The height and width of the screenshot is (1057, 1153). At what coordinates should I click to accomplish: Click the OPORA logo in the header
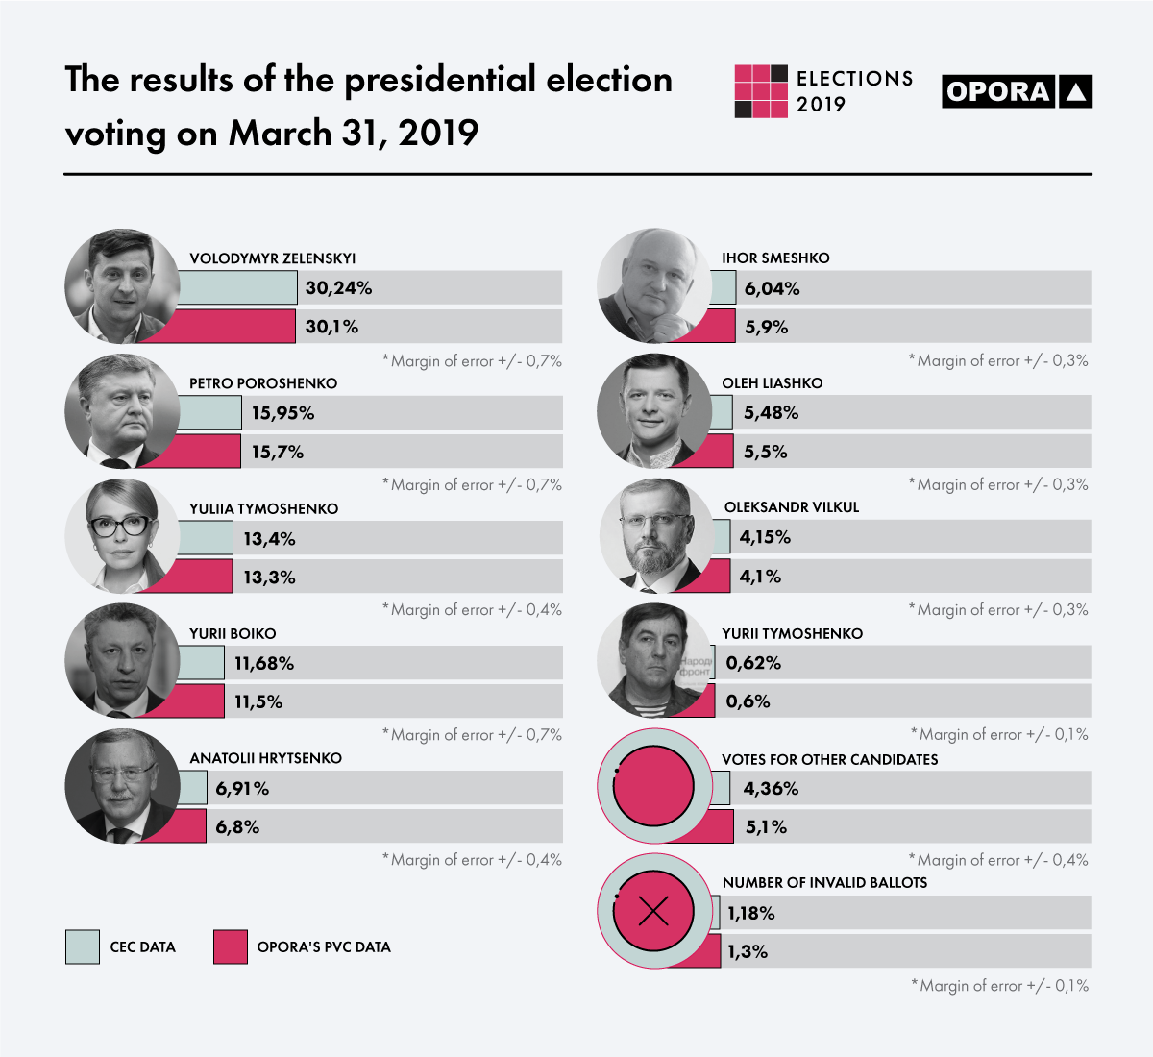click(x=1017, y=91)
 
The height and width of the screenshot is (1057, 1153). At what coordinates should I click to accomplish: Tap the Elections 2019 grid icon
click(x=761, y=91)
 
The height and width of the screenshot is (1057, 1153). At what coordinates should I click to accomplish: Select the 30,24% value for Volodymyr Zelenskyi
click(x=338, y=288)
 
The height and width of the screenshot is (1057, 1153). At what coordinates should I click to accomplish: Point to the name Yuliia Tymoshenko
click(x=264, y=508)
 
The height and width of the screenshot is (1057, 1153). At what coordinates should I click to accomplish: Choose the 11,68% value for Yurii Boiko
click(x=264, y=663)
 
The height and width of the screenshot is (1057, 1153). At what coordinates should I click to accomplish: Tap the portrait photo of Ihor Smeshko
click(x=654, y=285)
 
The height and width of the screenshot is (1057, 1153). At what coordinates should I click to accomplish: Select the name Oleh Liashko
click(x=773, y=382)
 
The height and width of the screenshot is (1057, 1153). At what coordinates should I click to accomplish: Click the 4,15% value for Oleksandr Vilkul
click(x=765, y=537)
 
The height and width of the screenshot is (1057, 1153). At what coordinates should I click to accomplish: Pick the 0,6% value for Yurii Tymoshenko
click(x=748, y=701)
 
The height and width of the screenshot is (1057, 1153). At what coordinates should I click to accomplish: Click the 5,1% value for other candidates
click(x=766, y=826)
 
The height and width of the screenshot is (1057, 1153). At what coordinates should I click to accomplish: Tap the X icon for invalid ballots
click(x=653, y=911)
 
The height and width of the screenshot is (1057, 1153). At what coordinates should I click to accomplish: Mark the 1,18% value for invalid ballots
click(x=750, y=913)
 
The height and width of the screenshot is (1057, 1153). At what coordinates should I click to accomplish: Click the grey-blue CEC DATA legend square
click(x=83, y=946)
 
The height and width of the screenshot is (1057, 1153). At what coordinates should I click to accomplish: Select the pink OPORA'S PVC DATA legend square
click(x=231, y=946)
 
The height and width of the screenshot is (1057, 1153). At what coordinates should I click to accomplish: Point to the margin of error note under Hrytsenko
click(x=472, y=859)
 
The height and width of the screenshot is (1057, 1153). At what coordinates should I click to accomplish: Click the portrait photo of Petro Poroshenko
click(x=122, y=410)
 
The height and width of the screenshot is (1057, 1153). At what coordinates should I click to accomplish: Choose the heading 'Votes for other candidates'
click(x=829, y=759)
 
